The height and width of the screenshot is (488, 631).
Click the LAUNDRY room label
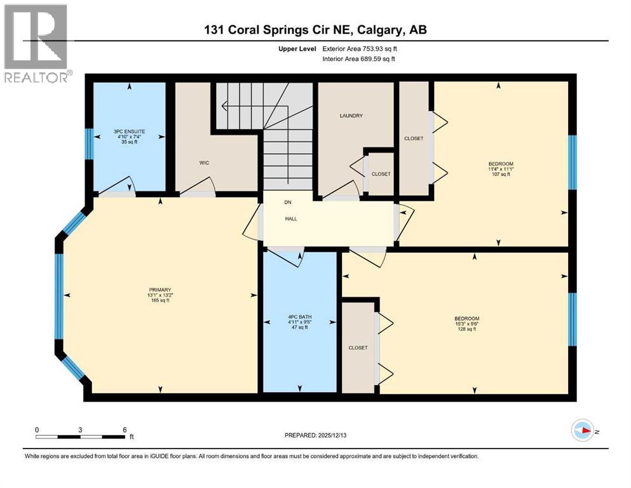[351, 116]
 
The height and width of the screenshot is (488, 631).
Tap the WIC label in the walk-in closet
[203, 163]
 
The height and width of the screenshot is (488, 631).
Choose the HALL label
[290, 219]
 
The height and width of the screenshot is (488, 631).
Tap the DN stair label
[287, 203]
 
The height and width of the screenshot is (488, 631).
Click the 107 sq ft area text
[500, 174]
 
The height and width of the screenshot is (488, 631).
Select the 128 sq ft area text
[466, 329]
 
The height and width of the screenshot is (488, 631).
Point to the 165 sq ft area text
[161, 300]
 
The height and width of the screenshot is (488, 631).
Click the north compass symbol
[583, 431]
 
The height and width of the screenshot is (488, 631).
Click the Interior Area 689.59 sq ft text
[358, 58]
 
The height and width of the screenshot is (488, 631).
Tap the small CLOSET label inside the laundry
[381, 174]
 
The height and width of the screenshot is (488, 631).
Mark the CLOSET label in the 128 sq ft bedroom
[358, 348]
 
